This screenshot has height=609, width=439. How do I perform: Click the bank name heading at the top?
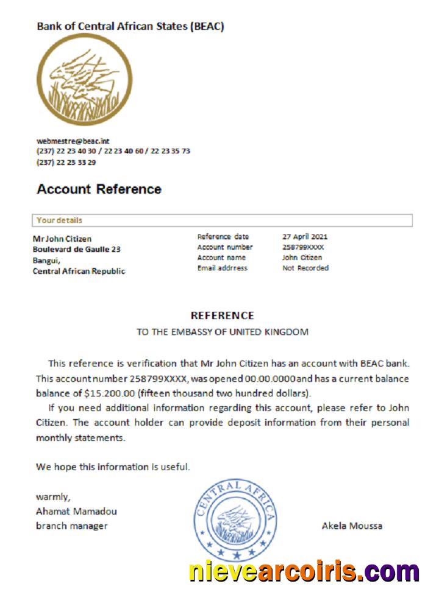[x=130, y=26]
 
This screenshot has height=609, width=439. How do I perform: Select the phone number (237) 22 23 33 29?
[x=66, y=163]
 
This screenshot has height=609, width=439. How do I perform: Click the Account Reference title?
[x=99, y=189]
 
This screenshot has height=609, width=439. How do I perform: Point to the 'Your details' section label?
[x=59, y=220]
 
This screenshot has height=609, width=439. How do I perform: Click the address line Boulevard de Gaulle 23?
[x=76, y=249]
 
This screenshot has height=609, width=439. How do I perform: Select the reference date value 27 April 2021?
[x=305, y=236]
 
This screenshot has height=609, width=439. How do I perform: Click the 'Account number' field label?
[x=224, y=247]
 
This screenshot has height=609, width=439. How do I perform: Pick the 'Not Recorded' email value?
[x=305, y=268]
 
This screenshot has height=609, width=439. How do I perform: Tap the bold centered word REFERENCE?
[x=222, y=315]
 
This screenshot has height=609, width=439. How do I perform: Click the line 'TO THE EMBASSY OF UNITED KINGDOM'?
[x=222, y=332]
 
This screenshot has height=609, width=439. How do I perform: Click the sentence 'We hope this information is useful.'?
[x=113, y=467]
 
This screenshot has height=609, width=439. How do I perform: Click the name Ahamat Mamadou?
[x=76, y=511]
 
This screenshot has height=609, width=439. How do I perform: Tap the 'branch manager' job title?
[x=71, y=526]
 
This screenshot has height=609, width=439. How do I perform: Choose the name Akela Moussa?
[x=352, y=526]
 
